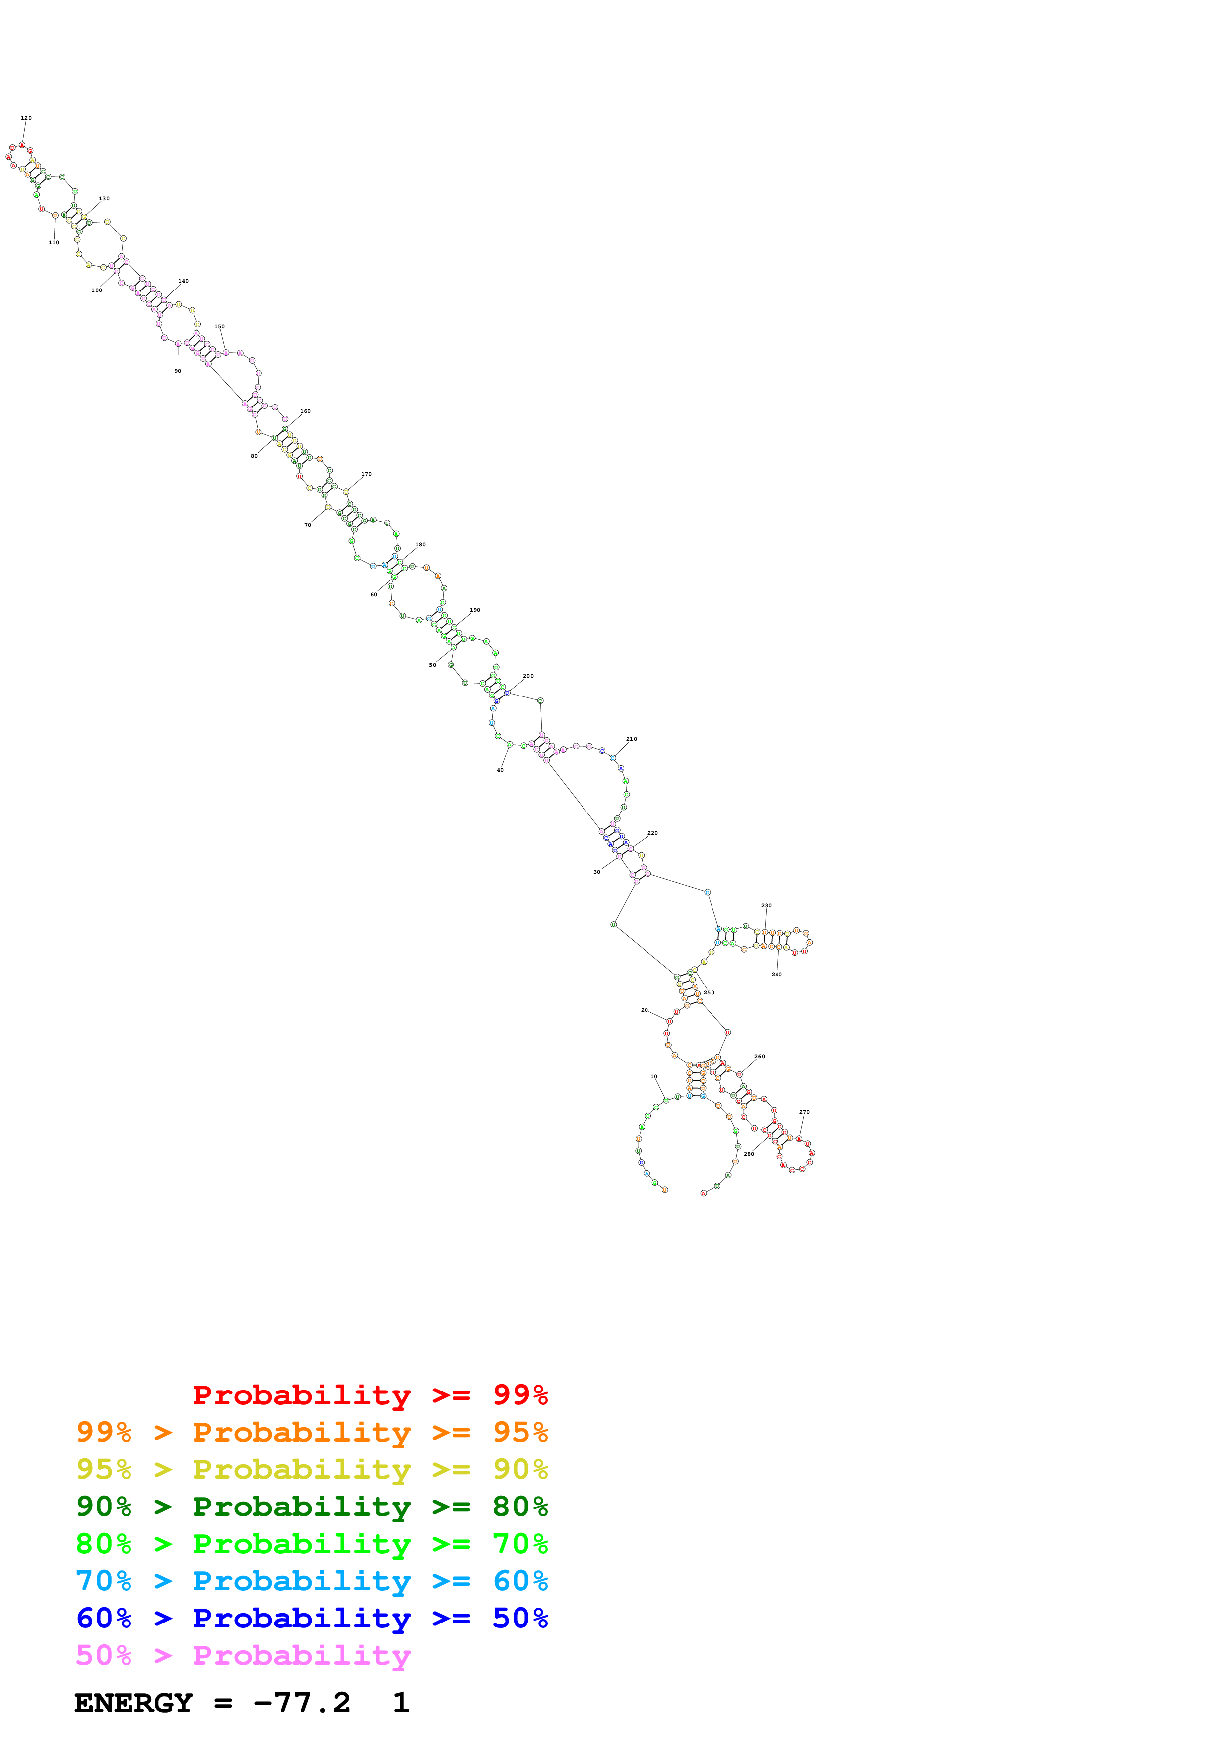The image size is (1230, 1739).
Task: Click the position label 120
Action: tap(26, 118)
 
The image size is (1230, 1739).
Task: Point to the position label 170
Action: tap(366, 474)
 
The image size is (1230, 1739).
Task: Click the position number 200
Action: tap(528, 676)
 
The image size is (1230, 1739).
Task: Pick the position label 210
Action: tap(631, 739)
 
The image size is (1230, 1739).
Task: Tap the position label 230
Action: tap(766, 905)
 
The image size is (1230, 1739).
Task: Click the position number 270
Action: tap(804, 1112)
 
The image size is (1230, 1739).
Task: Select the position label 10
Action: tap(654, 1076)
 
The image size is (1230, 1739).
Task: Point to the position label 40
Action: tap(500, 770)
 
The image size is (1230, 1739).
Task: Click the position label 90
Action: tap(177, 371)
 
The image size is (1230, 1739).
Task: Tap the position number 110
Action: tap(54, 243)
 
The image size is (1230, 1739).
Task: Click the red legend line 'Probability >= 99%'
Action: tap(370, 1394)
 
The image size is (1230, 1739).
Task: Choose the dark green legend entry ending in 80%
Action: tap(312, 1507)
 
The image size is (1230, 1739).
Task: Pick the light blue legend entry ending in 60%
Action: tap(312, 1581)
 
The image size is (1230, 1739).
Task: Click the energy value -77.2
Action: tap(302, 1703)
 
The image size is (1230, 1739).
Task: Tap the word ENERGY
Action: tap(133, 1703)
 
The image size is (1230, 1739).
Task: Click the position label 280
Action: tap(749, 1154)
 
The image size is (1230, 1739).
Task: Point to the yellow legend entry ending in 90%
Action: tap(312, 1469)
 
